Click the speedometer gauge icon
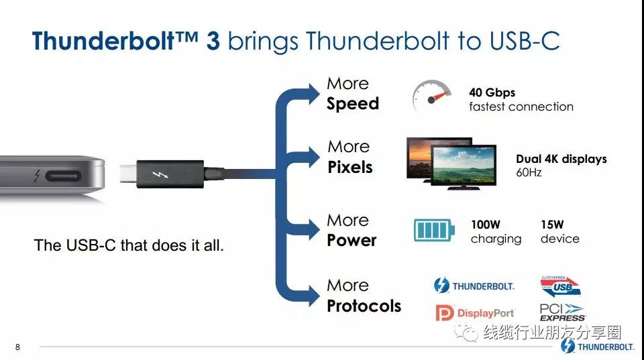tap(431, 95)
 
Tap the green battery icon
tap(434, 231)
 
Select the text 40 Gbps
tap(492, 93)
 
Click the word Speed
tap(353, 104)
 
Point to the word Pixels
tap(350, 167)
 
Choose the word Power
tap(352, 241)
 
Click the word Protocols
tap(364, 306)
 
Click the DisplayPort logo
tap(475, 313)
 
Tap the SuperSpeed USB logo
tap(560, 286)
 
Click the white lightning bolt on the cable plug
tap(160, 174)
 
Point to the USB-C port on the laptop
tap(63, 176)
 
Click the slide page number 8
tap(17, 347)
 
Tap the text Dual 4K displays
tap(561, 159)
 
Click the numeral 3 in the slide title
tap(213, 41)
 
